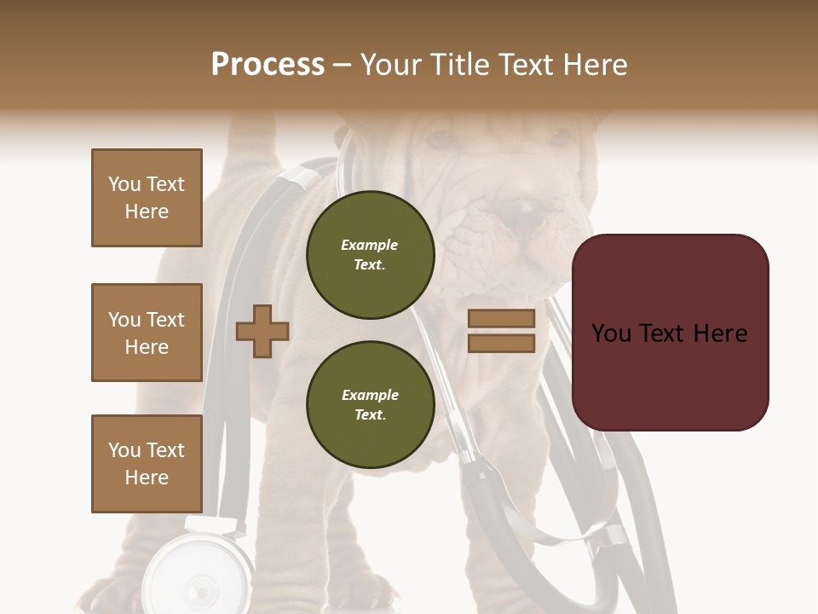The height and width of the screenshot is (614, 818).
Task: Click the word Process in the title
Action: point(268,65)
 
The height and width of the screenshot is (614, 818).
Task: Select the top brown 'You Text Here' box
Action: point(147,198)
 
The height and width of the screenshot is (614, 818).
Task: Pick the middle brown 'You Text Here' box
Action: point(147,333)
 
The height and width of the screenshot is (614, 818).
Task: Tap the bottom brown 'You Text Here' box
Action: point(147,464)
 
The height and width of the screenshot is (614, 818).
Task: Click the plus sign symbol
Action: point(262,331)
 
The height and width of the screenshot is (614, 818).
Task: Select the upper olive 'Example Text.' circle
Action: point(370,254)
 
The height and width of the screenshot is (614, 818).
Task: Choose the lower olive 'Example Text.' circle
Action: point(370,404)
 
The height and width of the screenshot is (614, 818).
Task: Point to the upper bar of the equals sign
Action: point(501,319)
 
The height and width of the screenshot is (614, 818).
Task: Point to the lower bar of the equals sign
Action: point(501,343)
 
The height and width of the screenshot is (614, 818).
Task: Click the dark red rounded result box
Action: point(670,332)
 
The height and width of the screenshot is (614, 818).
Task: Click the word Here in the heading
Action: point(596,65)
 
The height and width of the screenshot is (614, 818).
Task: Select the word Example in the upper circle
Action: point(369,245)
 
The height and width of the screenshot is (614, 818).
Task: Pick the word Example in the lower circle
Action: point(370,395)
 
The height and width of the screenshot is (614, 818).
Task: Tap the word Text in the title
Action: point(527,65)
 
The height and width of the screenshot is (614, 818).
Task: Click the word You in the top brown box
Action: point(123,184)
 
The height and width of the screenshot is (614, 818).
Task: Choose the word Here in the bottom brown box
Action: point(147,478)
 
